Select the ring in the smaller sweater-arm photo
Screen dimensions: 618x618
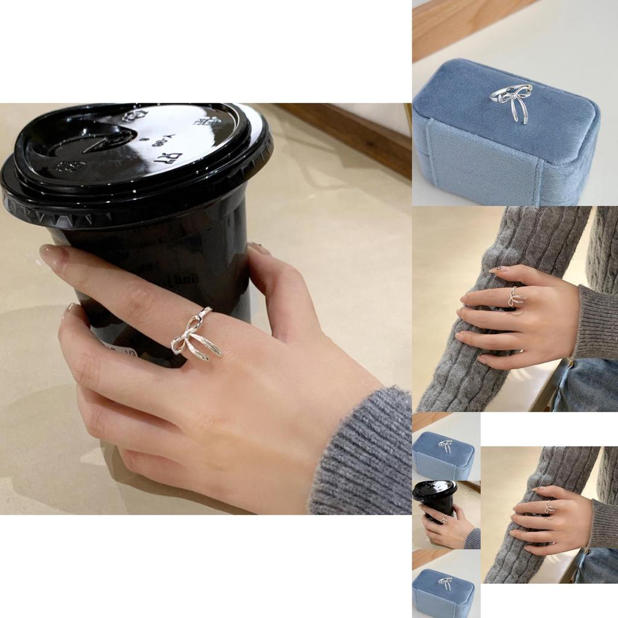click(x=549, y=506)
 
